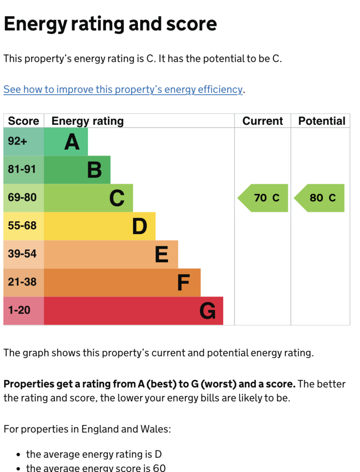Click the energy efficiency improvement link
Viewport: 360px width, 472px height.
click(x=123, y=89)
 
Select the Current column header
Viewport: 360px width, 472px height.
click(x=262, y=121)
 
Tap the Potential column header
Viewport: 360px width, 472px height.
click(x=321, y=121)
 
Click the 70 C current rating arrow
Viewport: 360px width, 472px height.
click(x=263, y=198)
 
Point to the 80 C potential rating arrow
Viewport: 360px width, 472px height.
click(x=319, y=198)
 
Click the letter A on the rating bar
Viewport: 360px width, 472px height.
click(x=72, y=142)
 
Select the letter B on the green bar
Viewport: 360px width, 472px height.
click(x=94, y=170)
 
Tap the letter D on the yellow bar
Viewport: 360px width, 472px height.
click(x=140, y=226)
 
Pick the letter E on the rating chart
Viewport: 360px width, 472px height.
click(x=162, y=254)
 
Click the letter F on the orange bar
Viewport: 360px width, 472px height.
click(x=183, y=283)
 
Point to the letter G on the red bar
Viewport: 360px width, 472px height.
click(x=208, y=311)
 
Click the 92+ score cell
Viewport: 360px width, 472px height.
click(x=18, y=141)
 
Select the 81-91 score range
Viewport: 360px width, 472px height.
click(x=22, y=169)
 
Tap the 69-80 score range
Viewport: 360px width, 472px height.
click(x=22, y=197)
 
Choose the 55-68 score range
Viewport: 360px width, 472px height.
click(x=22, y=225)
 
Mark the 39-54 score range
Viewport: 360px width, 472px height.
click(x=22, y=254)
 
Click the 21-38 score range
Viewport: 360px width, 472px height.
click(x=22, y=282)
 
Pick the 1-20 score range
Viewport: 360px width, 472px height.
click(x=19, y=310)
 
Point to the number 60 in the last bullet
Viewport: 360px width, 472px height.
click(x=159, y=468)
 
